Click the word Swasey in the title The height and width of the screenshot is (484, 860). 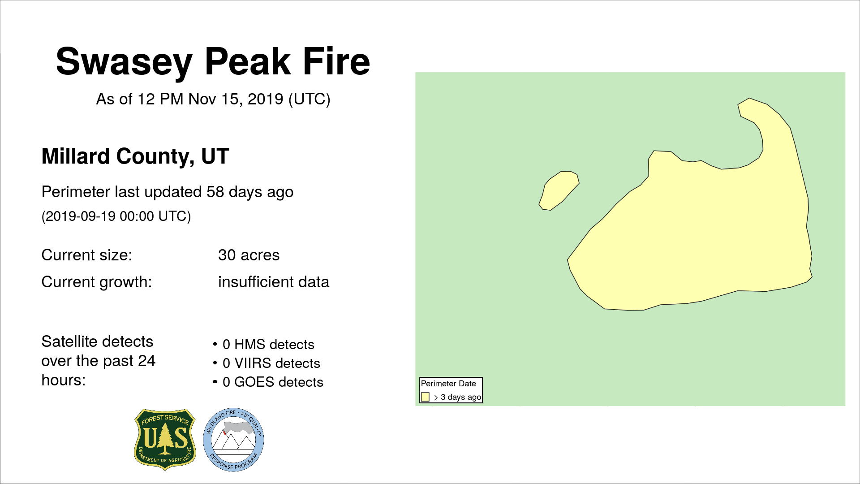pos(124,62)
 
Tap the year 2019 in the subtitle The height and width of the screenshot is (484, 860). pos(265,99)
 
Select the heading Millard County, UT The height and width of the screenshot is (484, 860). pos(135,156)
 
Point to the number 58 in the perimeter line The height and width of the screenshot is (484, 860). pos(215,192)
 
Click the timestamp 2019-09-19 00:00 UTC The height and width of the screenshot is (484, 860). pos(116,216)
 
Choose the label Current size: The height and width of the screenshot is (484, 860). pos(87,255)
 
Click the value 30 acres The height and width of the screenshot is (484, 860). pos(249,255)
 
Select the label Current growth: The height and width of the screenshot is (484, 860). pos(97,282)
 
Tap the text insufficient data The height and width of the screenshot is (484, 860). pos(274,282)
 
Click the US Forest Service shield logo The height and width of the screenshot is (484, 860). pos(165,439)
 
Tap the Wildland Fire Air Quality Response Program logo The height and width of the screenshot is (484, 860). pos(233,440)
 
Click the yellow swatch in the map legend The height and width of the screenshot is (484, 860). pos(425,397)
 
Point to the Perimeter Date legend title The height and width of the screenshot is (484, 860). pos(448,384)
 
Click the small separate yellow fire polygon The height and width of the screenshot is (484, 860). pos(559,190)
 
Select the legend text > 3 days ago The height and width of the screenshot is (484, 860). pos(458,397)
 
